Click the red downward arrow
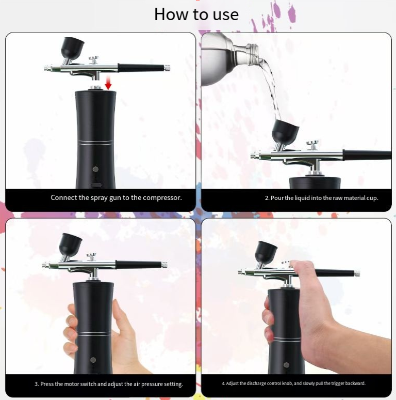coord(108,83)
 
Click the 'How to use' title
coord(196,14)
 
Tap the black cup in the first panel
coord(72,48)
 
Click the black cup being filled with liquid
coord(285,131)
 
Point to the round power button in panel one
coord(96,169)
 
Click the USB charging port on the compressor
coord(95,184)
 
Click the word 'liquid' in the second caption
coord(304,198)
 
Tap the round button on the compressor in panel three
coord(93,360)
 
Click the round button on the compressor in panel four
coord(286,365)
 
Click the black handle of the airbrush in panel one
coord(141,68)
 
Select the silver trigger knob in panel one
coord(94,60)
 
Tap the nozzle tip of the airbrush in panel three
coord(44,265)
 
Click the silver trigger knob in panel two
coord(312,145)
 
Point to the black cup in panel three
coord(70,244)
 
